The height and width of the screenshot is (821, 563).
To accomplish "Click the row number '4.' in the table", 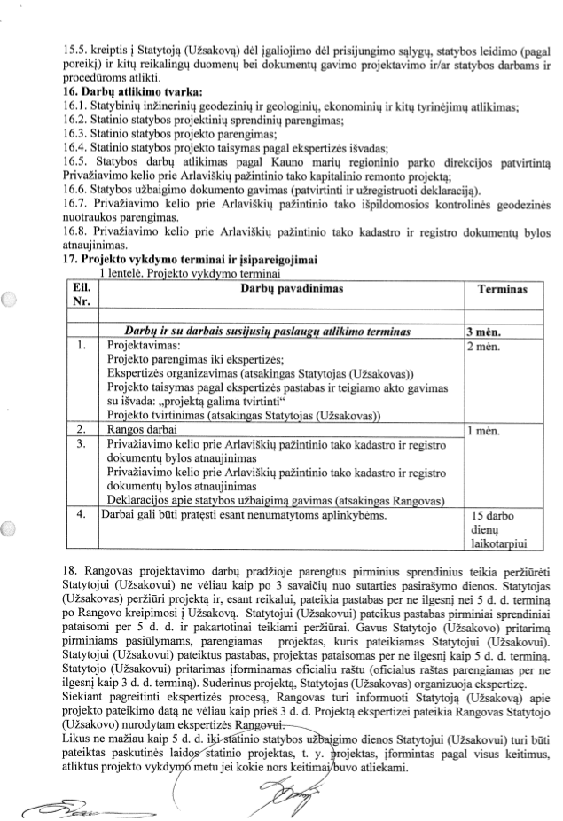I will tap(82, 512).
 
